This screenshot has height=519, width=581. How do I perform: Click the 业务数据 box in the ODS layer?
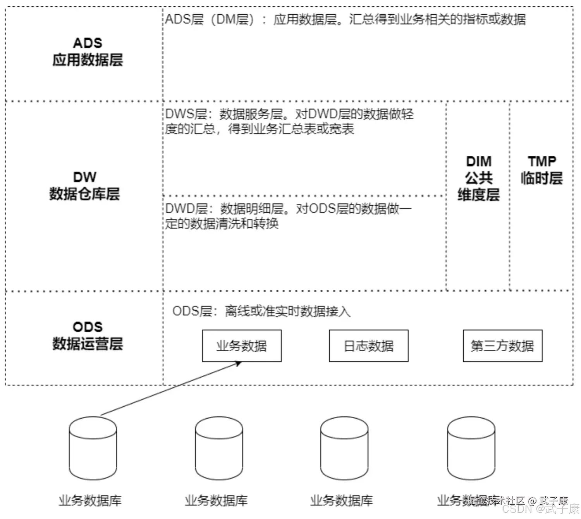pos(242,345)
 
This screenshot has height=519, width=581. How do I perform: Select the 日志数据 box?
pos(368,345)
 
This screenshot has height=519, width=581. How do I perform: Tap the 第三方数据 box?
pos(502,345)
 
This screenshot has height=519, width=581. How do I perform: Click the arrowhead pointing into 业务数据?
pos(238,363)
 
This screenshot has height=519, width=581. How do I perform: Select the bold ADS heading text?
pos(88,43)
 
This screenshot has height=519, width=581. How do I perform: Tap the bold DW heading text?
pos(84,177)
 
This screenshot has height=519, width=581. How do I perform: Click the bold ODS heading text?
pos(88,327)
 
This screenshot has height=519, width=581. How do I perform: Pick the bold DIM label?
pos(479,161)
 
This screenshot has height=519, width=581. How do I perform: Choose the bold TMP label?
pos(541,161)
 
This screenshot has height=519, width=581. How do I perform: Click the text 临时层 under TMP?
pos(541,178)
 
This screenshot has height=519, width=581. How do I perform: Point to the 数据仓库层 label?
pos(84,194)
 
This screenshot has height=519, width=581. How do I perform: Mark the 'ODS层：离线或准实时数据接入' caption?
pos(261,311)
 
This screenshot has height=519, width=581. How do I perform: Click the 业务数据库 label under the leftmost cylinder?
pos(90,500)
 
